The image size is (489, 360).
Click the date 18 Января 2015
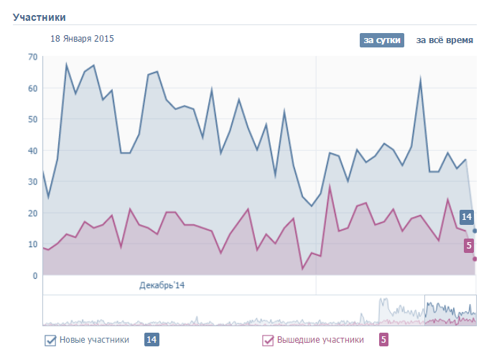pos(83,39)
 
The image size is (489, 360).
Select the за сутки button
pos(382,40)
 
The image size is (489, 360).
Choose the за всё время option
pos(444,40)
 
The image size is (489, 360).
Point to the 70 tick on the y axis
pos(33,57)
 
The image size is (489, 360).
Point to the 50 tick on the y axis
pos(33,119)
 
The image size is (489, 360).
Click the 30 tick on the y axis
pos(33,182)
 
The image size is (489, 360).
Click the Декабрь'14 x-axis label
pos(162,285)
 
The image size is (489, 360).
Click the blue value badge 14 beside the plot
pos(467,216)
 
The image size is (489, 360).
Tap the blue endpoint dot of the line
pos(475,231)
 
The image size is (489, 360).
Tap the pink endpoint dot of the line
pos(475,259)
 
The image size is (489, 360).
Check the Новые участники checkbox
pos(50,341)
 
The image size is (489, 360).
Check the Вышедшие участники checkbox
pos(269,341)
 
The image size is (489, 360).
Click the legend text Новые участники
pos(94,340)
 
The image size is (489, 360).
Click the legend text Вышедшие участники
pos(320,340)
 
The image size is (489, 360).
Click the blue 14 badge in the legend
pos(152,340)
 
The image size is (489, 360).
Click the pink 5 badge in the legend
pos(383,340)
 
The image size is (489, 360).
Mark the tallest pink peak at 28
pos(330,186)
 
